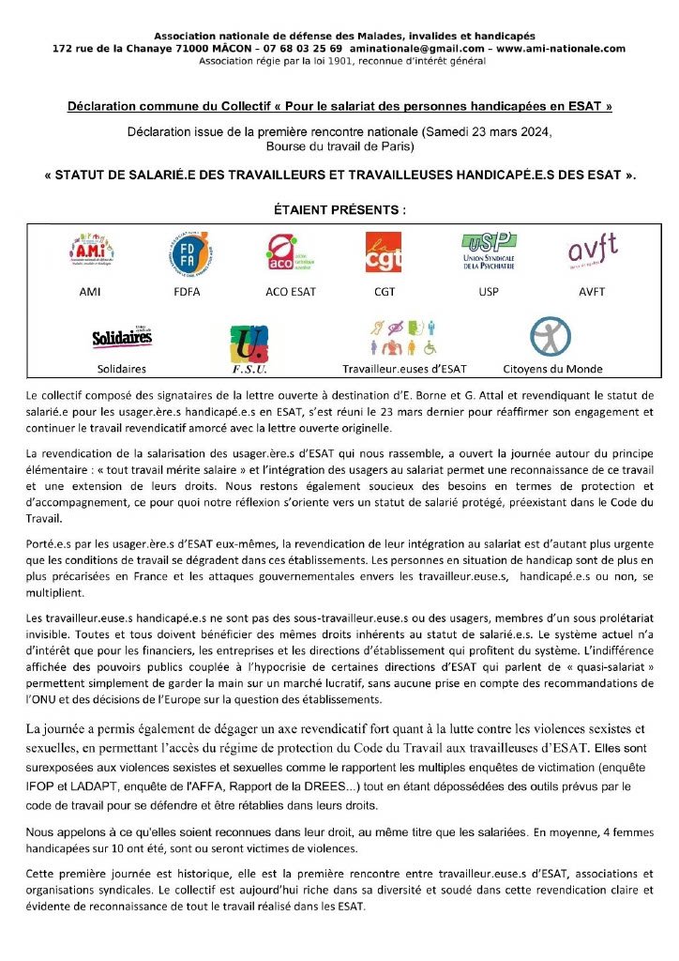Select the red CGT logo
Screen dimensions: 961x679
(383, 252)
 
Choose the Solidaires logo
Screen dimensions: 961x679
(122, 339)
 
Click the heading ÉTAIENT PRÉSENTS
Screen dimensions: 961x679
(339, 208)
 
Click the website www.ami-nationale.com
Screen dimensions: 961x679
(562, 48)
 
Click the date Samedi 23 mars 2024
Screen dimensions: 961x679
(485, 132)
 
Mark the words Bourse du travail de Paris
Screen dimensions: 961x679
(339, 147)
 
